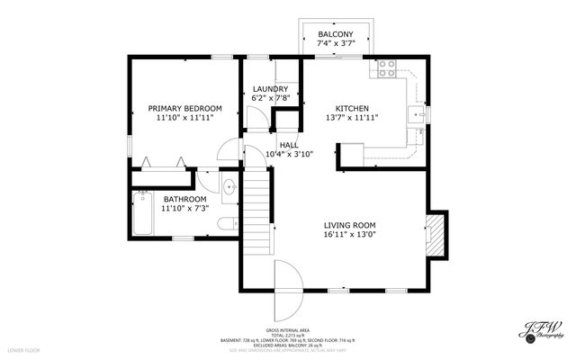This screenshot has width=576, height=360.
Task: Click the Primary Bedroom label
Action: (x=184, y=108)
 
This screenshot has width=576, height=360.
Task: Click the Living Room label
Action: (x=349, y=225)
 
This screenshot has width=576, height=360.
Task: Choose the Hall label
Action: (x=289, y=145)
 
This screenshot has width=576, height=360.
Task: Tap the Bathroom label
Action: (x=184, y=199)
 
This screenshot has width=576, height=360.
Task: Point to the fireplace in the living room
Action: (x=436, y=232)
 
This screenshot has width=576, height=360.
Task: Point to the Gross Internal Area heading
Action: (x=288, y=329)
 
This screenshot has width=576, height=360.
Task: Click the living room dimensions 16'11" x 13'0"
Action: (x=349, y=235)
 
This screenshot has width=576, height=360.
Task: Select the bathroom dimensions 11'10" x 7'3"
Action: (x=184, y=209)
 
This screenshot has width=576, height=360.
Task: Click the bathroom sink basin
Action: (x=229, y=188)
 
